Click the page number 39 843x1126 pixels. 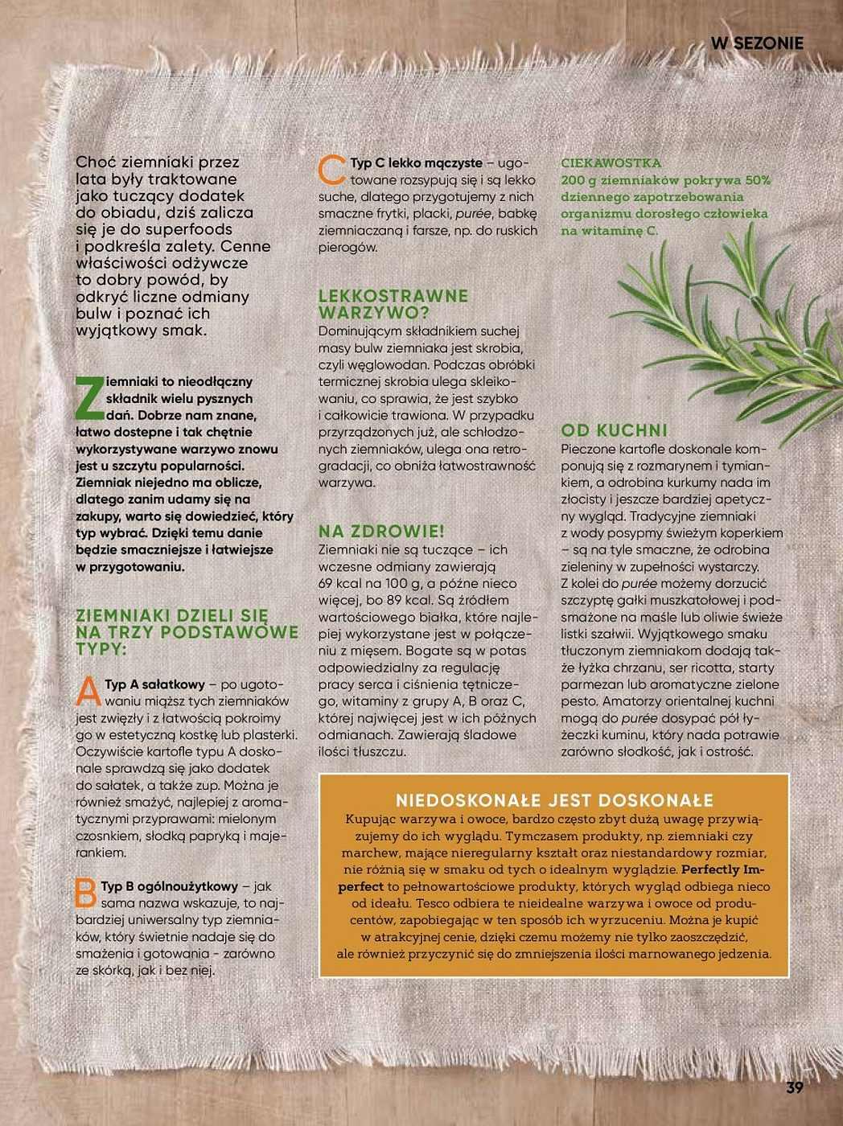[795, 1088]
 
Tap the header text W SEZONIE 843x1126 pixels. [757, 43]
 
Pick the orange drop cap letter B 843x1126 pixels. [86, 894]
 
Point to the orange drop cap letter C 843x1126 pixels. [332, 171]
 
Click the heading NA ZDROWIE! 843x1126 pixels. [381, 532]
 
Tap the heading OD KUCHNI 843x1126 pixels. [615, 430]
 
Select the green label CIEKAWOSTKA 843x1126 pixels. [611, 163]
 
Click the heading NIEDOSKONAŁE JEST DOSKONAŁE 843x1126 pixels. [554, 800]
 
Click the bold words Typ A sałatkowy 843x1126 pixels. [154, 684]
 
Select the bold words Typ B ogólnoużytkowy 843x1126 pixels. [169, 886]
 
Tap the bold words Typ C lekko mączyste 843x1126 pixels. [416, 163]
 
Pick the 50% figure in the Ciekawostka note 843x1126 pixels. [757, 180]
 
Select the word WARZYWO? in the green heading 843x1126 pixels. [374, 313]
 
